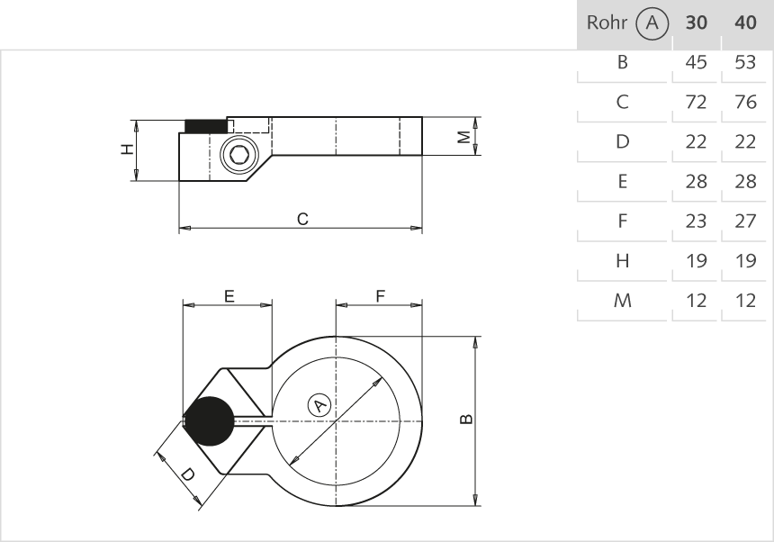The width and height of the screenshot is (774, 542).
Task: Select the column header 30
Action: point(697,23)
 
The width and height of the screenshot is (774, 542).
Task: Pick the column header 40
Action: point(745,23)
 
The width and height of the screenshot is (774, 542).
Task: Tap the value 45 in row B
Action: point(697,63)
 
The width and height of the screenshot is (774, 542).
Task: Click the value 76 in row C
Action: point(745,103)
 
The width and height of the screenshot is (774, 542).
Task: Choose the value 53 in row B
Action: point(745,63)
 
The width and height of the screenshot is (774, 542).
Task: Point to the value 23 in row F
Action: point(697,221)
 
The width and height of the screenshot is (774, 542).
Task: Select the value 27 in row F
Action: point(745,221)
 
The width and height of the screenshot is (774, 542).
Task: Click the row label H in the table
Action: point(622,261)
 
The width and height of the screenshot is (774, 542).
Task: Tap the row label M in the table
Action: point(622,301)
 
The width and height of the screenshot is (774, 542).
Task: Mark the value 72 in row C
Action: point(697,103)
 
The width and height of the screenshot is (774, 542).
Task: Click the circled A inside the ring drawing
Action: point(319,405)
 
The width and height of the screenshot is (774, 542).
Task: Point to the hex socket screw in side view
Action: point(238,156)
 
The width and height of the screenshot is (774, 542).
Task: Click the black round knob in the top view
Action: point(209,421)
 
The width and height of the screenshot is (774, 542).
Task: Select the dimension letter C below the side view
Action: point(303,219)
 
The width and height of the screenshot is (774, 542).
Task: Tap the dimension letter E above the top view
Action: point(229,295)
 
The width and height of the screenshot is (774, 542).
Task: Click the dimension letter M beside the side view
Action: point(463,137)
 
